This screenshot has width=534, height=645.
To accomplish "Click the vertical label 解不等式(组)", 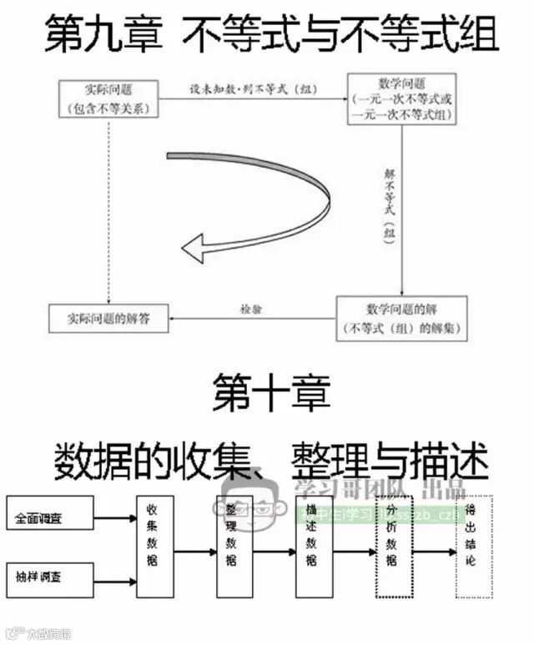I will [389, 204].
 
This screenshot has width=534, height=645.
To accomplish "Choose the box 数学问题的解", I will [401, 318].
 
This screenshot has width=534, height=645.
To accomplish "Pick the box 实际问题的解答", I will [109, 318].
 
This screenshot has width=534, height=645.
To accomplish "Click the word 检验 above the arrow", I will [251, 308].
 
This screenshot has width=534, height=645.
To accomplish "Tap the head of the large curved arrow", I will [194, 248].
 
